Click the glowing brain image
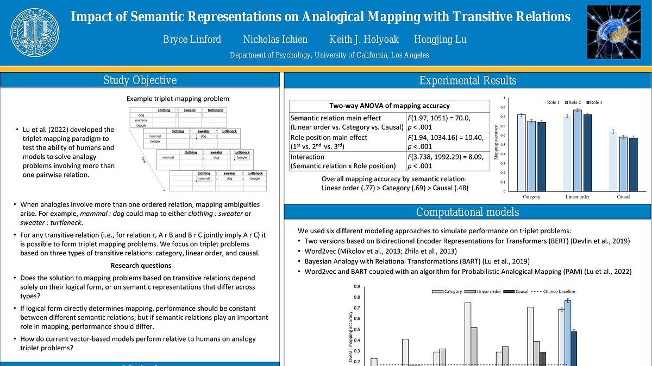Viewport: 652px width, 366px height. pyautogui.click(x=613, y=32)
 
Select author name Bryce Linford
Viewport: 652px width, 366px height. pyautogui.click(x=192, y=40)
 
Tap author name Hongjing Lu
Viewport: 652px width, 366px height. pyautogui.click(x=440, y=40)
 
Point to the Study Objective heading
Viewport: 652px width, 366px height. pyautogui.click(x=140, y=81)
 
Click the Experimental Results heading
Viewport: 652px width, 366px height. pyautogui.click(x=467, y=81)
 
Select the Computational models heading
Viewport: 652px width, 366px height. pyautogui.click(x=467, y=212)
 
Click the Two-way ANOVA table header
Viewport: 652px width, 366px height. pyautogui.click(x=390, y=106)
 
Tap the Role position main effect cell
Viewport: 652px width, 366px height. pyautogui.click(x=347, y=142)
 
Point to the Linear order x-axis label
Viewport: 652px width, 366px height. pyautogui.click(x=577, y=197)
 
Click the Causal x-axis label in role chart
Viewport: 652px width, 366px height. pyautogui.click(x=623, y=197)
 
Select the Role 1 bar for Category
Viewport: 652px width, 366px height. pyautogui.click(x=521, y=153)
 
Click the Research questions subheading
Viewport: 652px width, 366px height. pyautogui.click(x=141, y=266)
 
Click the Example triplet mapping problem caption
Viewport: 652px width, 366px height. pyautogui.click(x=178, y=99)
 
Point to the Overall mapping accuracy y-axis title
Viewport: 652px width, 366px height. pyautogui.click(x=350, y=331)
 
